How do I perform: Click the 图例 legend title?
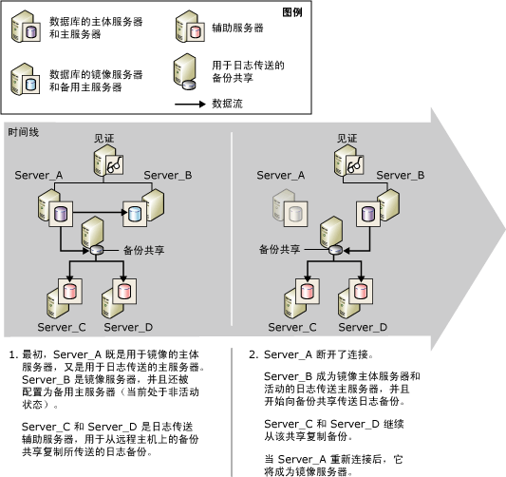pos(294,10)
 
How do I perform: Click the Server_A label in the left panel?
pos(39,177)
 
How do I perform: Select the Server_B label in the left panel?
pos(168,177)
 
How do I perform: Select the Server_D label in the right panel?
pos(363,327)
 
